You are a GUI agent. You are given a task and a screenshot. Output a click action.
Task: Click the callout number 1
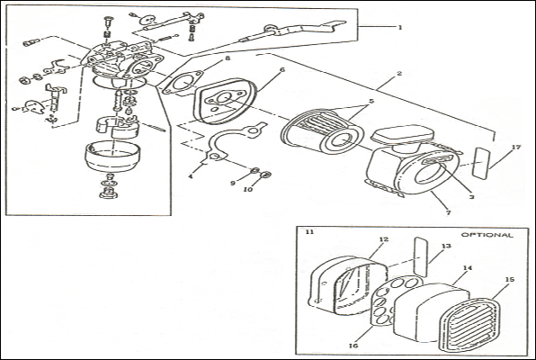tap(400, 27)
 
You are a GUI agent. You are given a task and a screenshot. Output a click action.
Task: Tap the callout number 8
tap(228, 58)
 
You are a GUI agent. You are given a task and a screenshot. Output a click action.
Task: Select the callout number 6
tap(282, 70)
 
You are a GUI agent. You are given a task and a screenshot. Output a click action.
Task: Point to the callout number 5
tap(371, 102)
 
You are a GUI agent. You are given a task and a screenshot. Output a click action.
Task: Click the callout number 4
tap(191, 176)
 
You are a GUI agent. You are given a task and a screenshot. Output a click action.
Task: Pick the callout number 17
tap(516, 147)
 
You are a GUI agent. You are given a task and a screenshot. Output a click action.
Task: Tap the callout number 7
tap(449, 212)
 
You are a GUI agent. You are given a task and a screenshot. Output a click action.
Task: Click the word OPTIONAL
tap(487, 235)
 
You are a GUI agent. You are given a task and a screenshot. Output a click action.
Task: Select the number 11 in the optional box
tap(309, 231)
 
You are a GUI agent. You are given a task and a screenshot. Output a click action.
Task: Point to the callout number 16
tap(353, 346)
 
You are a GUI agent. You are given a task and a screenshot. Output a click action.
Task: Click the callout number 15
tap(509, 280)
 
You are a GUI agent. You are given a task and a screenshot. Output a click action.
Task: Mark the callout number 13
tap(446, 246)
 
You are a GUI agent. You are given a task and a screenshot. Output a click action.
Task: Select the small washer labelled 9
tap(255, 171)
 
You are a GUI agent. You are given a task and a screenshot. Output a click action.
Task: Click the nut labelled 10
tap(265, 175)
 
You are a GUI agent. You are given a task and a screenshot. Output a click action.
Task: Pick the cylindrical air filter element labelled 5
tap(321, 131)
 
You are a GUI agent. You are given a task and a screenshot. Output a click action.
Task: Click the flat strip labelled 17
tap(481, 163)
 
